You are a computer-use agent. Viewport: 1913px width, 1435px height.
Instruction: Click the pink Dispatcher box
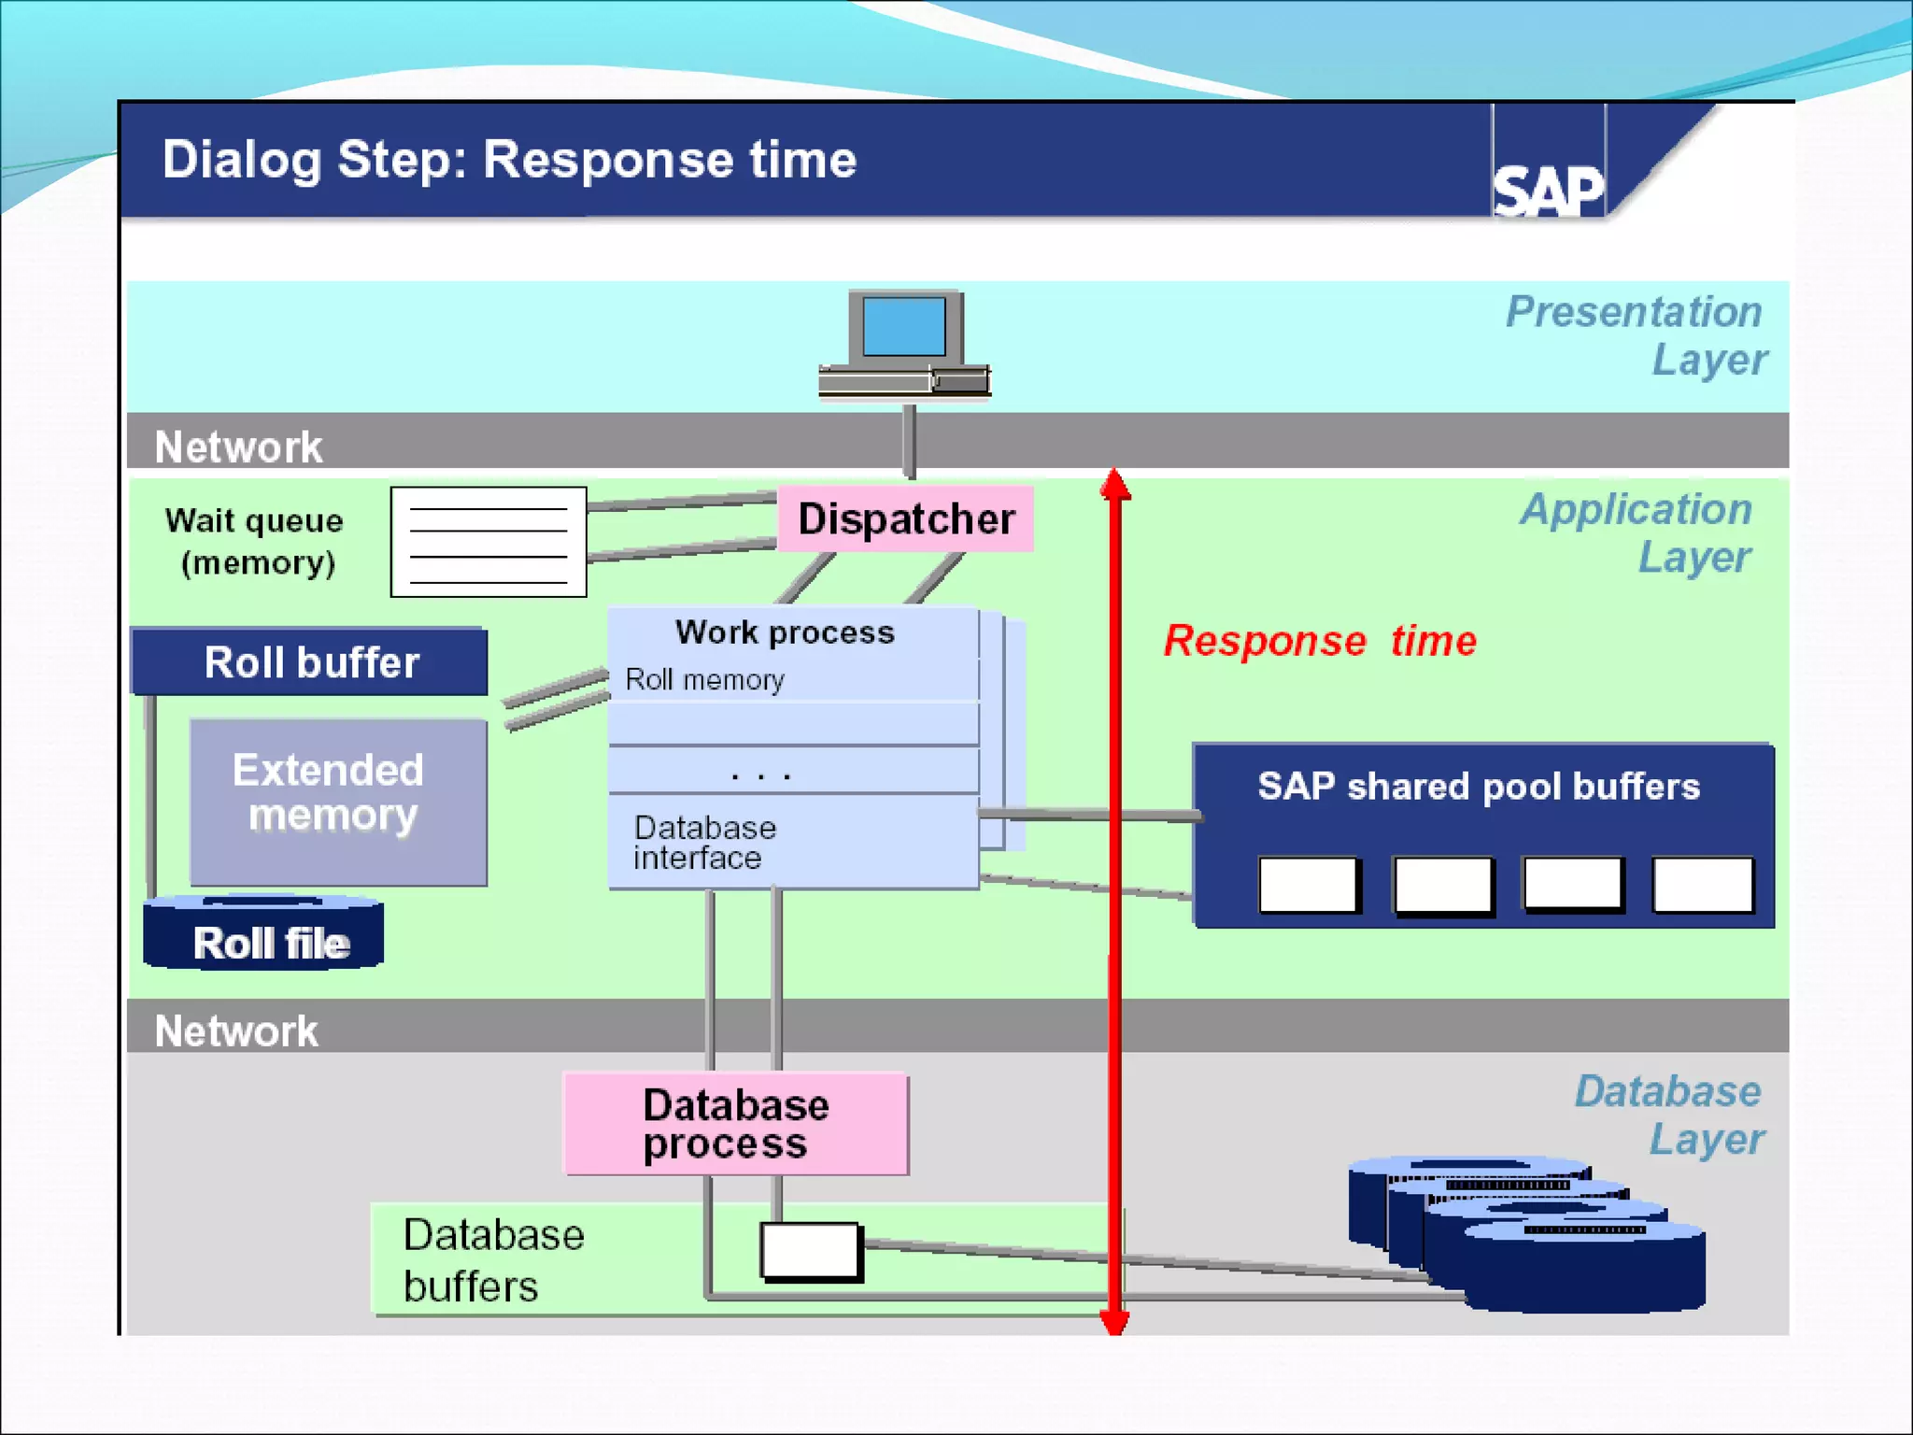click(x=905, y=519)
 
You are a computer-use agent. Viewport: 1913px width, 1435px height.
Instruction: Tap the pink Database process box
click(x=736, y=1123)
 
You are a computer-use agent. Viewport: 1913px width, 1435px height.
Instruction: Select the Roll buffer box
click(x=309, y=661)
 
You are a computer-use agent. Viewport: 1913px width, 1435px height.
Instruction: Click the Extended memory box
click(x=338, y=802)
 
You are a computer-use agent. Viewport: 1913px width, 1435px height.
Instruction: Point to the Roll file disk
click(x=263, y=932)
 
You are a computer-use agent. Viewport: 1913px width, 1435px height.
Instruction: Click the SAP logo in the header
click(x=1548, y=191)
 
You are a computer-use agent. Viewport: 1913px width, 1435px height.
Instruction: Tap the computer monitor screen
click(x=903, y=326)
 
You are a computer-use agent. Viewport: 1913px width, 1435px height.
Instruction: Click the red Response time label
click(x=1320, y=641)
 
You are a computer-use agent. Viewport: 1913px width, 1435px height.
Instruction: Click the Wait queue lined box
click(x=489, y=542)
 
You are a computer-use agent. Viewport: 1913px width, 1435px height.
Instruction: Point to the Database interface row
click(x=793, y=841)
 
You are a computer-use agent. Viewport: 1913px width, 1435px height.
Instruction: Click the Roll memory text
click(x=704, y=679)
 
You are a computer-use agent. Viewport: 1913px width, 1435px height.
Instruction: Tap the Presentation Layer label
click(x=1636, y=335)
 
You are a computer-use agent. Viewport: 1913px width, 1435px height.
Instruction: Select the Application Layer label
click(x=1637, y=533)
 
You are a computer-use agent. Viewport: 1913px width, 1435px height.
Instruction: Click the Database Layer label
click(x=1669, y=1115)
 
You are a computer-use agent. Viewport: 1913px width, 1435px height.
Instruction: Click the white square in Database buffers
click(x=811, y=1251)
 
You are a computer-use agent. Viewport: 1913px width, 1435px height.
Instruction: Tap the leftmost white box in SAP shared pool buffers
click(x=1308, y=884)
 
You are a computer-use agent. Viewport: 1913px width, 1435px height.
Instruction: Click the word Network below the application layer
click(x=236, y=1031)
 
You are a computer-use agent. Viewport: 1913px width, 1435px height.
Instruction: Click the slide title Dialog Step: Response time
click(x=509, y=160)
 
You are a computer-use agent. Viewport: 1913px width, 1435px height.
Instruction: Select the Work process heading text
click(x=785, y=632)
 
